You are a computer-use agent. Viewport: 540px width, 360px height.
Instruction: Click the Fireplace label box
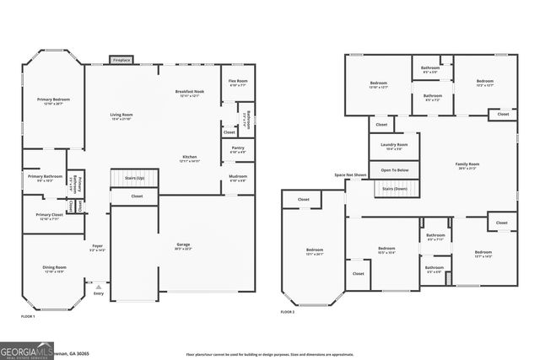tap(121, 60)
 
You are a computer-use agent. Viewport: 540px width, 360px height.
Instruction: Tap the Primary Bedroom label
tap(52, 101)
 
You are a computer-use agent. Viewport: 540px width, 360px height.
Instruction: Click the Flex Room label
tap(237, 83)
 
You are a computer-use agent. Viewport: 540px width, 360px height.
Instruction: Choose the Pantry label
tap(237, 149)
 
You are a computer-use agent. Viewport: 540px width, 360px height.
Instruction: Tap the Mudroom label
tap(237, 178)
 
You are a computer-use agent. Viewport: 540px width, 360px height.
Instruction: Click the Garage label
tap(182, 246)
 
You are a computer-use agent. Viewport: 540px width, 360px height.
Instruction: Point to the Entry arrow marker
tap(98, 286)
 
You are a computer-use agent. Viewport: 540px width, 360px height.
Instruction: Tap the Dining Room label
tap(54, 270)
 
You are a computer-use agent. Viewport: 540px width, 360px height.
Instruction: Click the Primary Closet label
tap(44, 217)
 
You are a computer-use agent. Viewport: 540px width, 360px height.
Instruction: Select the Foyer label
tap(97, 248)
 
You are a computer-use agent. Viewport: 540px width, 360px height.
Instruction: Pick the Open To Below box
tap(394, 170)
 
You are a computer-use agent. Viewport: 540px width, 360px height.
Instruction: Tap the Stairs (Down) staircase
tap(394, 189)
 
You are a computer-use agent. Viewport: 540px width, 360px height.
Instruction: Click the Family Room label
tap(467, 165)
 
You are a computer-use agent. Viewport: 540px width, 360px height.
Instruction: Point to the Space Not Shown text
tap(349, 175)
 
